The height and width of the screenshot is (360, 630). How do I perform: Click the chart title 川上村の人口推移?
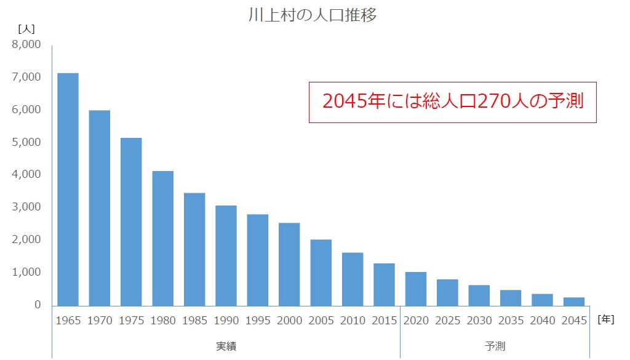(312, 15)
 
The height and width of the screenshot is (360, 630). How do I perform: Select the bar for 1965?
(68, 189)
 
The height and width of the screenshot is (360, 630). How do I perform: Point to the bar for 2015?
(384, 284)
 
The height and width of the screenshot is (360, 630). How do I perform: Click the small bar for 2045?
(574, 301)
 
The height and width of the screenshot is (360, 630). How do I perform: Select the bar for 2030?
(479, 295)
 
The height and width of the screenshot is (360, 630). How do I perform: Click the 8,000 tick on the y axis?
(26, 45)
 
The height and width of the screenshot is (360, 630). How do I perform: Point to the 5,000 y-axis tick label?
(26, 142)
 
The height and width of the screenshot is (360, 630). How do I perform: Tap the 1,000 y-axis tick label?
(26, 272)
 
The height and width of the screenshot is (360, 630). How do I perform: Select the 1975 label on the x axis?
(131, 321)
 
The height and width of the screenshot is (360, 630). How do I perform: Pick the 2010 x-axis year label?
(353, 321)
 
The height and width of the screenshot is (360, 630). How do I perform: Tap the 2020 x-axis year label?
(416, 321)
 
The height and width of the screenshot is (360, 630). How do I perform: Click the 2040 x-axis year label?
(543, 321)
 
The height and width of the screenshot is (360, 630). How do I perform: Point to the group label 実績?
(226, 346)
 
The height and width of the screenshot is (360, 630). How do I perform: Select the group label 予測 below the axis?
(495, 346)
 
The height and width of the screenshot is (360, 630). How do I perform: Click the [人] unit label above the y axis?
(27, 28)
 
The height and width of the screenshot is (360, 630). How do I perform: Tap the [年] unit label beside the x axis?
(605, 319)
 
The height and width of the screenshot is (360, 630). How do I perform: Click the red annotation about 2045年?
(452, 102)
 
